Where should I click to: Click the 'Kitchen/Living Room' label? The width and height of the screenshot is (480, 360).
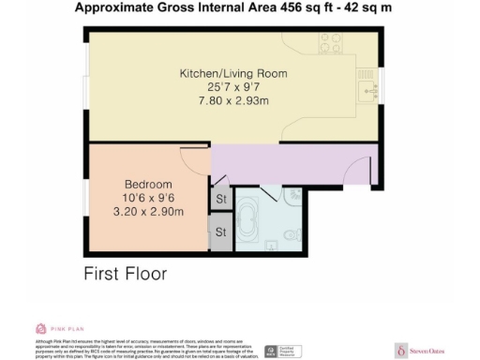pos(233,72)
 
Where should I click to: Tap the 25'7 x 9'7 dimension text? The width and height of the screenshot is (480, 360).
pos(233,86)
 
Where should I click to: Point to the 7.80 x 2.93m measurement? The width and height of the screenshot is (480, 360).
pos(233,99)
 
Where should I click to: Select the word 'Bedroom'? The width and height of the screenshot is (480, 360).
pos(148,184)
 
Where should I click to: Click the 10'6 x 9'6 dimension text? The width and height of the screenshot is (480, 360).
pos(148,198)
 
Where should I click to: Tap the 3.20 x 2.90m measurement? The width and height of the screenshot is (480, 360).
pos(148,212)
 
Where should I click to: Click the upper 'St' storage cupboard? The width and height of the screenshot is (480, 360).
pos(221,199)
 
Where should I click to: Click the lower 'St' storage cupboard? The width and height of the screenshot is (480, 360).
pos(221,232)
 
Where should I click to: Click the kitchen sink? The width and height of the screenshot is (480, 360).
pos(366,89)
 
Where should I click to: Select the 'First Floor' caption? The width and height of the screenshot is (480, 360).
pos(125,275)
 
